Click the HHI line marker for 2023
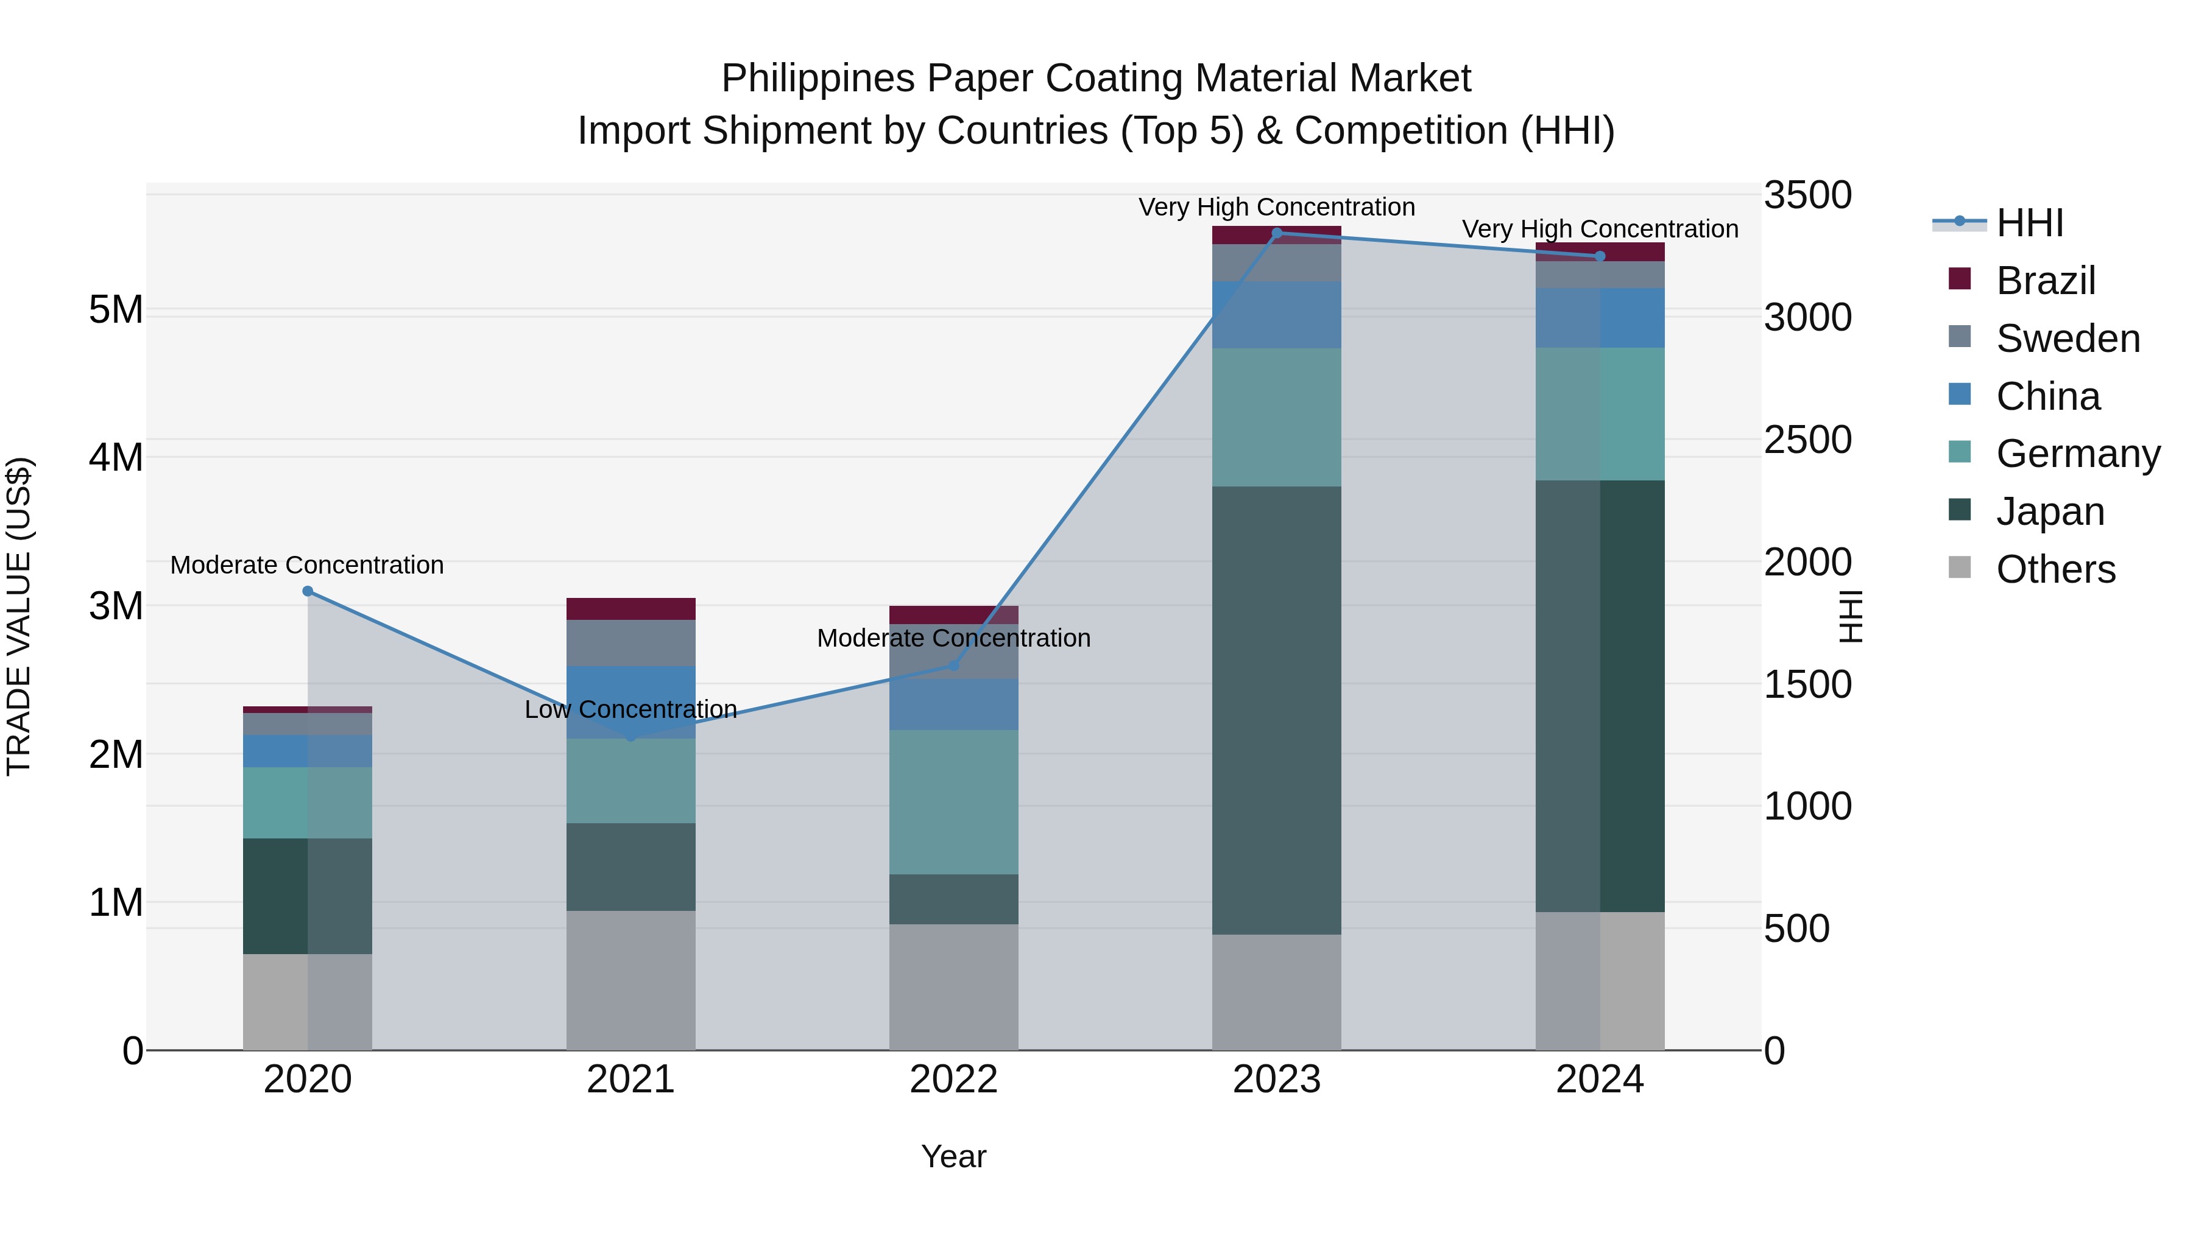(x=1276, y=233)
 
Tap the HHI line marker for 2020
(x=308, y=591)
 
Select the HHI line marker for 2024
(x=1600, y=256)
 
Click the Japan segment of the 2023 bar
(x=1276, y=711)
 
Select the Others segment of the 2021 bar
(x=631, y=980)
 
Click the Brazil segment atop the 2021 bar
(x=631, y=608)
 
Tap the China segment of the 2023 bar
(x=1276, y=315)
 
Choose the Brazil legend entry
(x=2045, y=281)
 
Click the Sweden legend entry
(x=2067, y=339)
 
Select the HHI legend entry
(x=2030, y=223)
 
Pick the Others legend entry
(x=2055, y=569)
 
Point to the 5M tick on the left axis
(x=116, y=310)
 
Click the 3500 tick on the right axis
(x=1807, y=195)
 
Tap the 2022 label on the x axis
(x=953, y=1080)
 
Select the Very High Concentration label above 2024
(x=1600, y=229)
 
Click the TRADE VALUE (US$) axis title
(x=19, y=616)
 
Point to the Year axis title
(x=953, y=1156)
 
